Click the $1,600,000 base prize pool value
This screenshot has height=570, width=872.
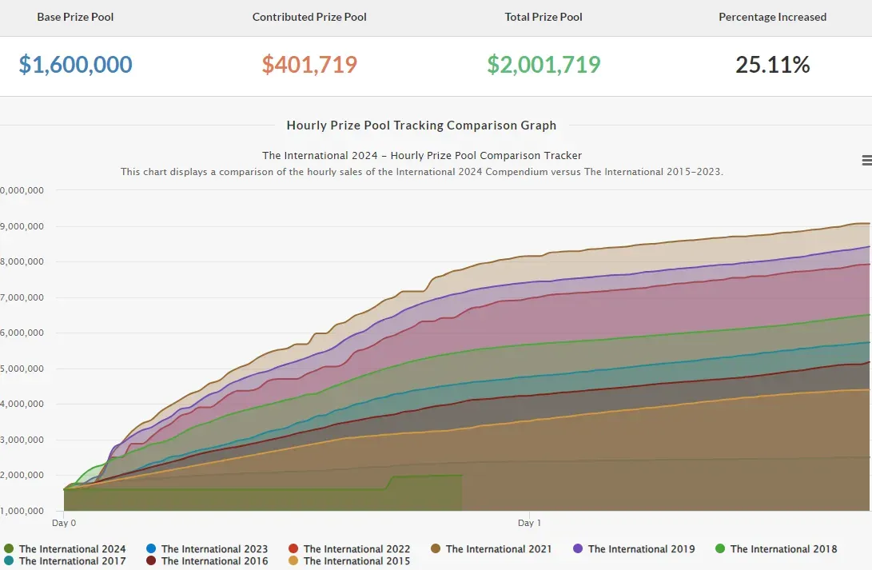[76, 65]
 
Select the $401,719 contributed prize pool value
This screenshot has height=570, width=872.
[309, 65]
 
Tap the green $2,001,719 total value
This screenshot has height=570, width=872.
[544, 65]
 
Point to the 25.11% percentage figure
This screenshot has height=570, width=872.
[772, 65]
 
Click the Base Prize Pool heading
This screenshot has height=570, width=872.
[75, 18]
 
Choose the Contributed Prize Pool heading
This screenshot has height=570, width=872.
[309, 18]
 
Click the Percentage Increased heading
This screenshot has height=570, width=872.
[772, 18]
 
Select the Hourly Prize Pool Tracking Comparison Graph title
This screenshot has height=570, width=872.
[421, 126]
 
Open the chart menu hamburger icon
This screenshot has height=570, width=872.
[866, 160]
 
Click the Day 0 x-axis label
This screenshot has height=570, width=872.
[64, 523]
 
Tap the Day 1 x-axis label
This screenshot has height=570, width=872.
[529, 523]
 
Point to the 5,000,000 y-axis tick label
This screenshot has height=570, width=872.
[22, 369]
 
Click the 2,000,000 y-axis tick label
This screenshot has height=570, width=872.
[22, 475]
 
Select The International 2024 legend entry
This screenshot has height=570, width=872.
[65, 549]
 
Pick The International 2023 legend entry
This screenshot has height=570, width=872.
[207, 549]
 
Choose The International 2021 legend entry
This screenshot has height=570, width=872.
[491, 549]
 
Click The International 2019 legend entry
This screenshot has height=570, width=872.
[634, 549]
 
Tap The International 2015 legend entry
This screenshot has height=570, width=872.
[349, 561]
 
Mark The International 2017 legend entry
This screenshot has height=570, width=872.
[65, 561]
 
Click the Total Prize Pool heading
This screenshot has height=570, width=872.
[544, 18]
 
